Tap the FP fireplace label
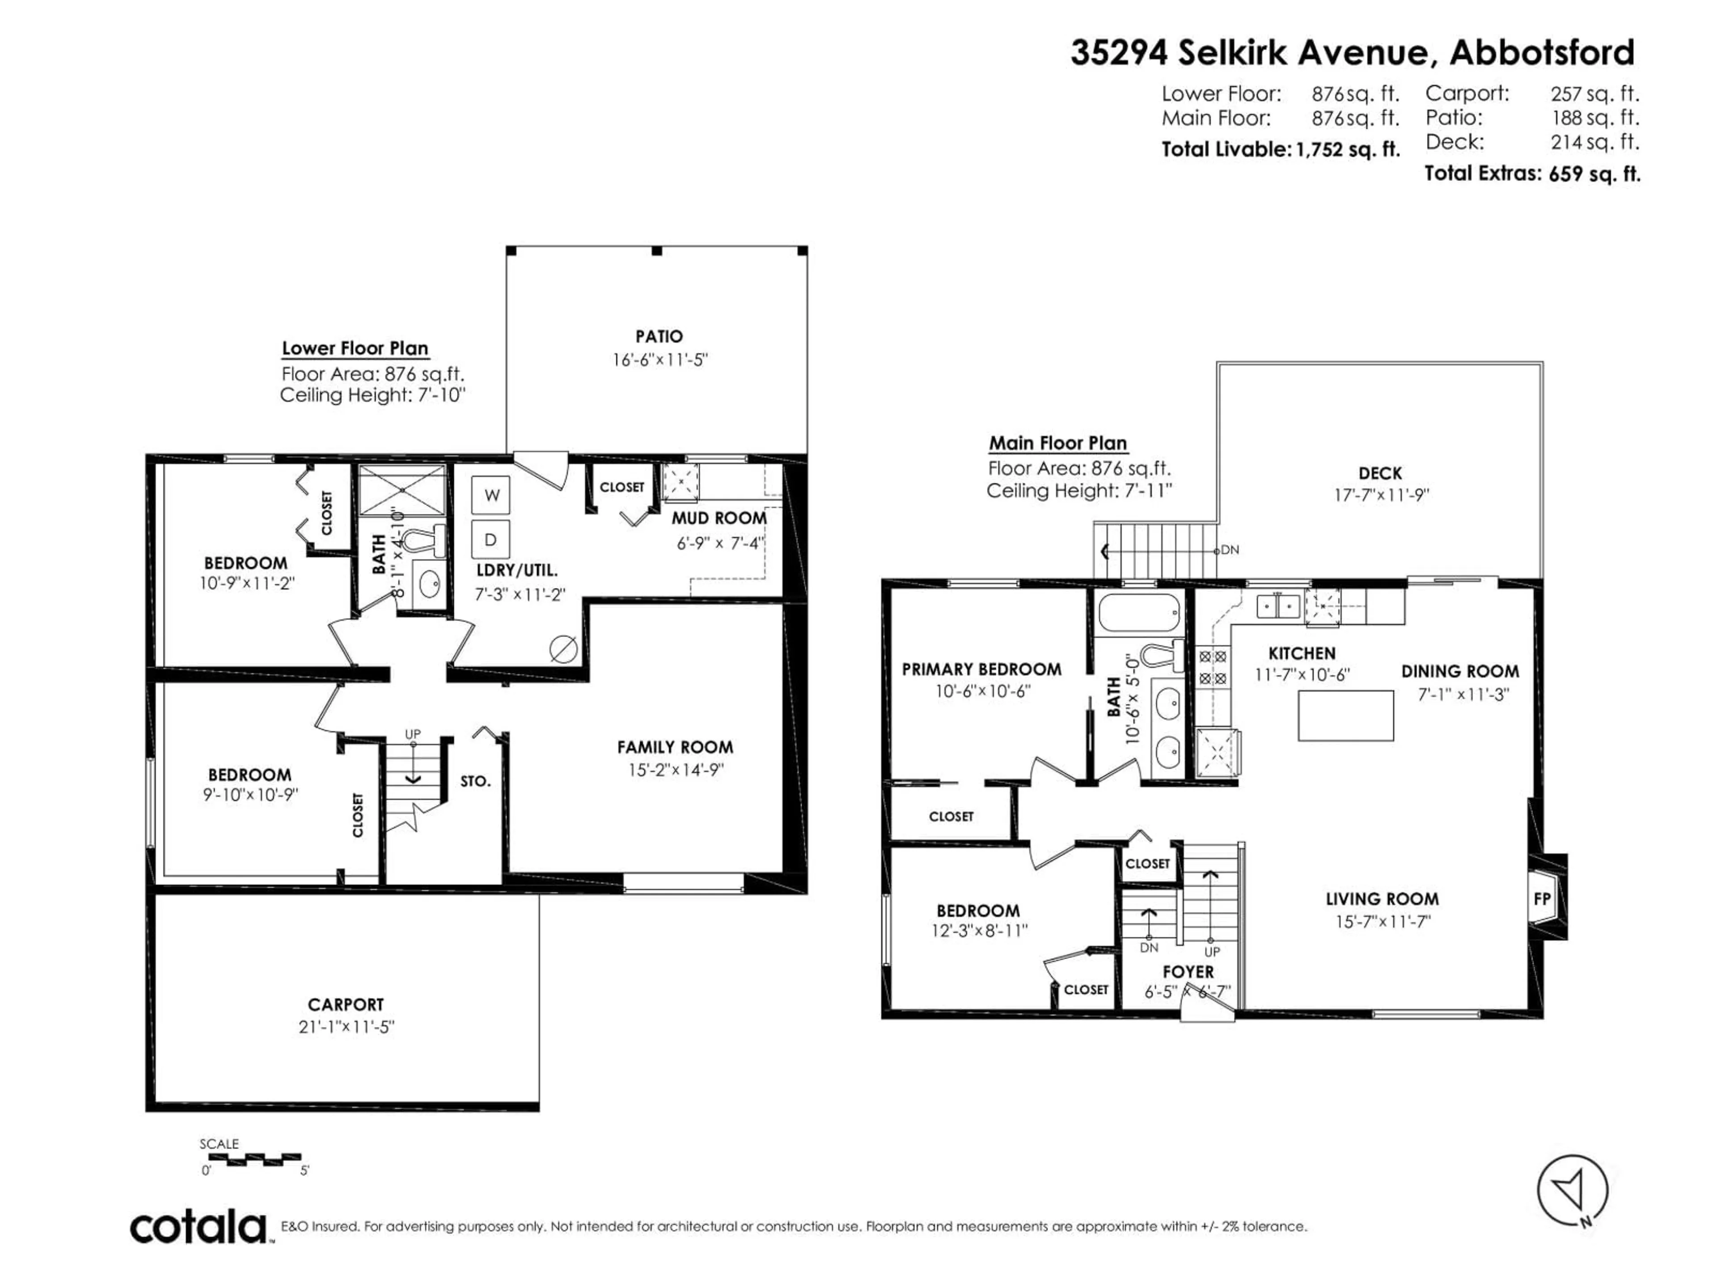click(x=1542, y=898)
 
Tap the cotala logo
click(x=198, y=1228)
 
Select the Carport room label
click(x=346, y=1004)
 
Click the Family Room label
click(x=675, y=747)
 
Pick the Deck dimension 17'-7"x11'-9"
click(x=1381, y=495)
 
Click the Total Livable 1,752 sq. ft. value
click(x=1348, y=149)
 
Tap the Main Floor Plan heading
click(x=1057, y=443)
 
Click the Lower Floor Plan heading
click(x=355, y=348)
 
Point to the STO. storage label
click(x=475, y=781)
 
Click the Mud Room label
click(x=719, y=518)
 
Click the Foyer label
click(x=1188, y=972)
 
